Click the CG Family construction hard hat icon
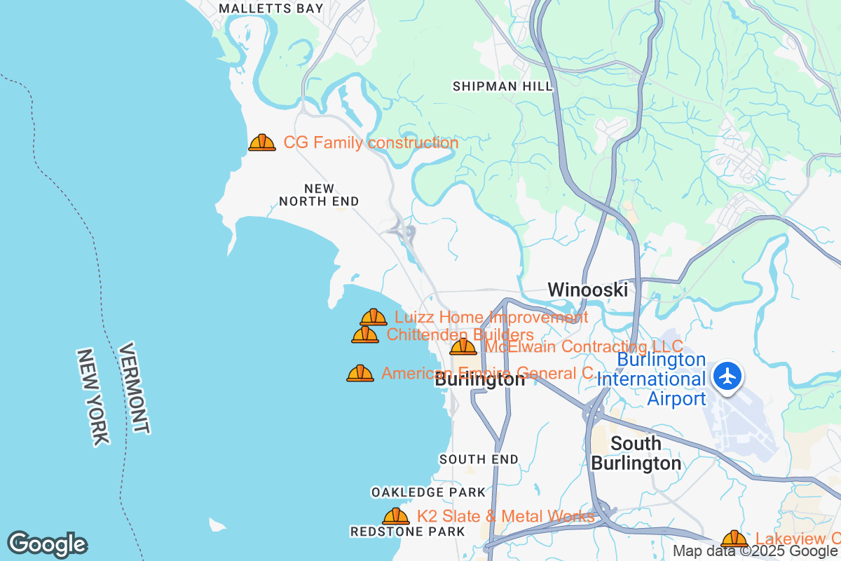pyautogui.click(x=262, y=143)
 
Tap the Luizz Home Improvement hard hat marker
pyautogui.click(x=374, y=318)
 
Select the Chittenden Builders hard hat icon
pyautogui.click(x=365, y=334)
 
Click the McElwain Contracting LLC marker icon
pyautogui.click(x=463, y=346)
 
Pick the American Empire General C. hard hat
pyautogui.click(x=360, y=373)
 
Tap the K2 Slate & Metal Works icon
pyautogui.click(x=396, y=517)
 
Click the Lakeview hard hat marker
pyautogui.click(x=734, y=539)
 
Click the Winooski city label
pyautogui.click(x=587, y=289)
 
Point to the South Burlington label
pyautogui.click(x=636, y=453)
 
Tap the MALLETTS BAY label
pyautogui.click(x=271, y=8)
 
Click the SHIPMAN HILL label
pyautogui.click(x=502, y=86)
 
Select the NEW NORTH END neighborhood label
pyautogui.click(x=319, y=195)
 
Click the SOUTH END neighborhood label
pyautogui.click(x=479, y=459)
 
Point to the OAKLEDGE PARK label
pyautogui.click(x=428, y=492)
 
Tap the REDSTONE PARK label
pyautogui.click(x=407, y=532)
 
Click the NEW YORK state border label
pyautogui.click(x=93, y=396)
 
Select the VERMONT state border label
pyautogui.click(x=134, y=388)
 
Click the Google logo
pyautogui.click(x=47, y=544)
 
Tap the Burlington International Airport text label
pyautogui.click(x=651, y=379)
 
